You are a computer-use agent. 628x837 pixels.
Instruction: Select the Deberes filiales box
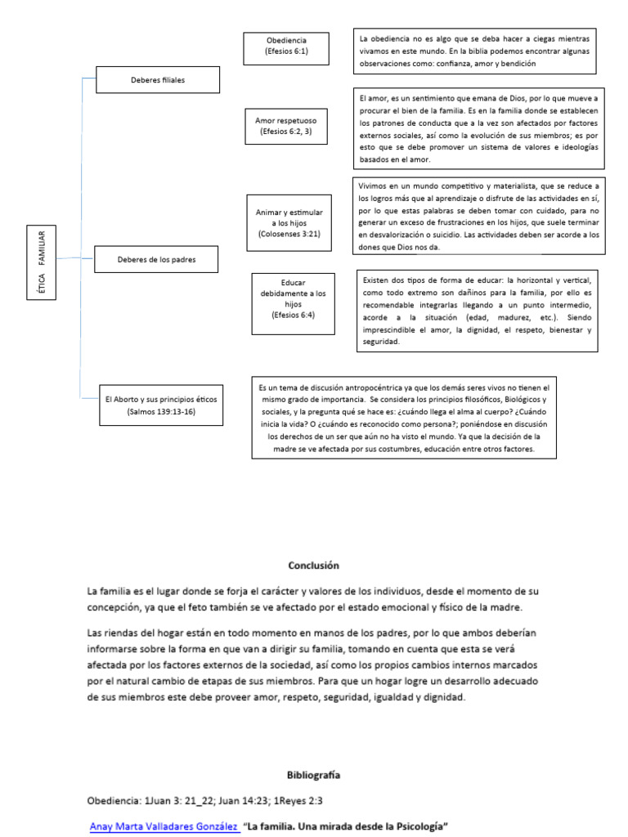pos(158,80)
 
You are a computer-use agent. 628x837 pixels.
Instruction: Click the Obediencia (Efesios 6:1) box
pos(286,49)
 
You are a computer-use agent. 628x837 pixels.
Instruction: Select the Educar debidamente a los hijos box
pos(294,303)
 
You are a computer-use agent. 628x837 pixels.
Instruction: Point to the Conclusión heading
pos(313,565)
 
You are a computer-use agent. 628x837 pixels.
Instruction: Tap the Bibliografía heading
pos(313,774)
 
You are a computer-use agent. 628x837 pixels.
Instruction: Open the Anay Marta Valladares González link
pos(164,826)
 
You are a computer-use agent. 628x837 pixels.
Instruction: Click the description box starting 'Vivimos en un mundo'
pos(478,216)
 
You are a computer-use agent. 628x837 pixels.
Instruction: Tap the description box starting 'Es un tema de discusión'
pos(404,417)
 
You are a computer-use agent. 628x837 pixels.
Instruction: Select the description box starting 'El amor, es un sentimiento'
pos(478,128)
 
